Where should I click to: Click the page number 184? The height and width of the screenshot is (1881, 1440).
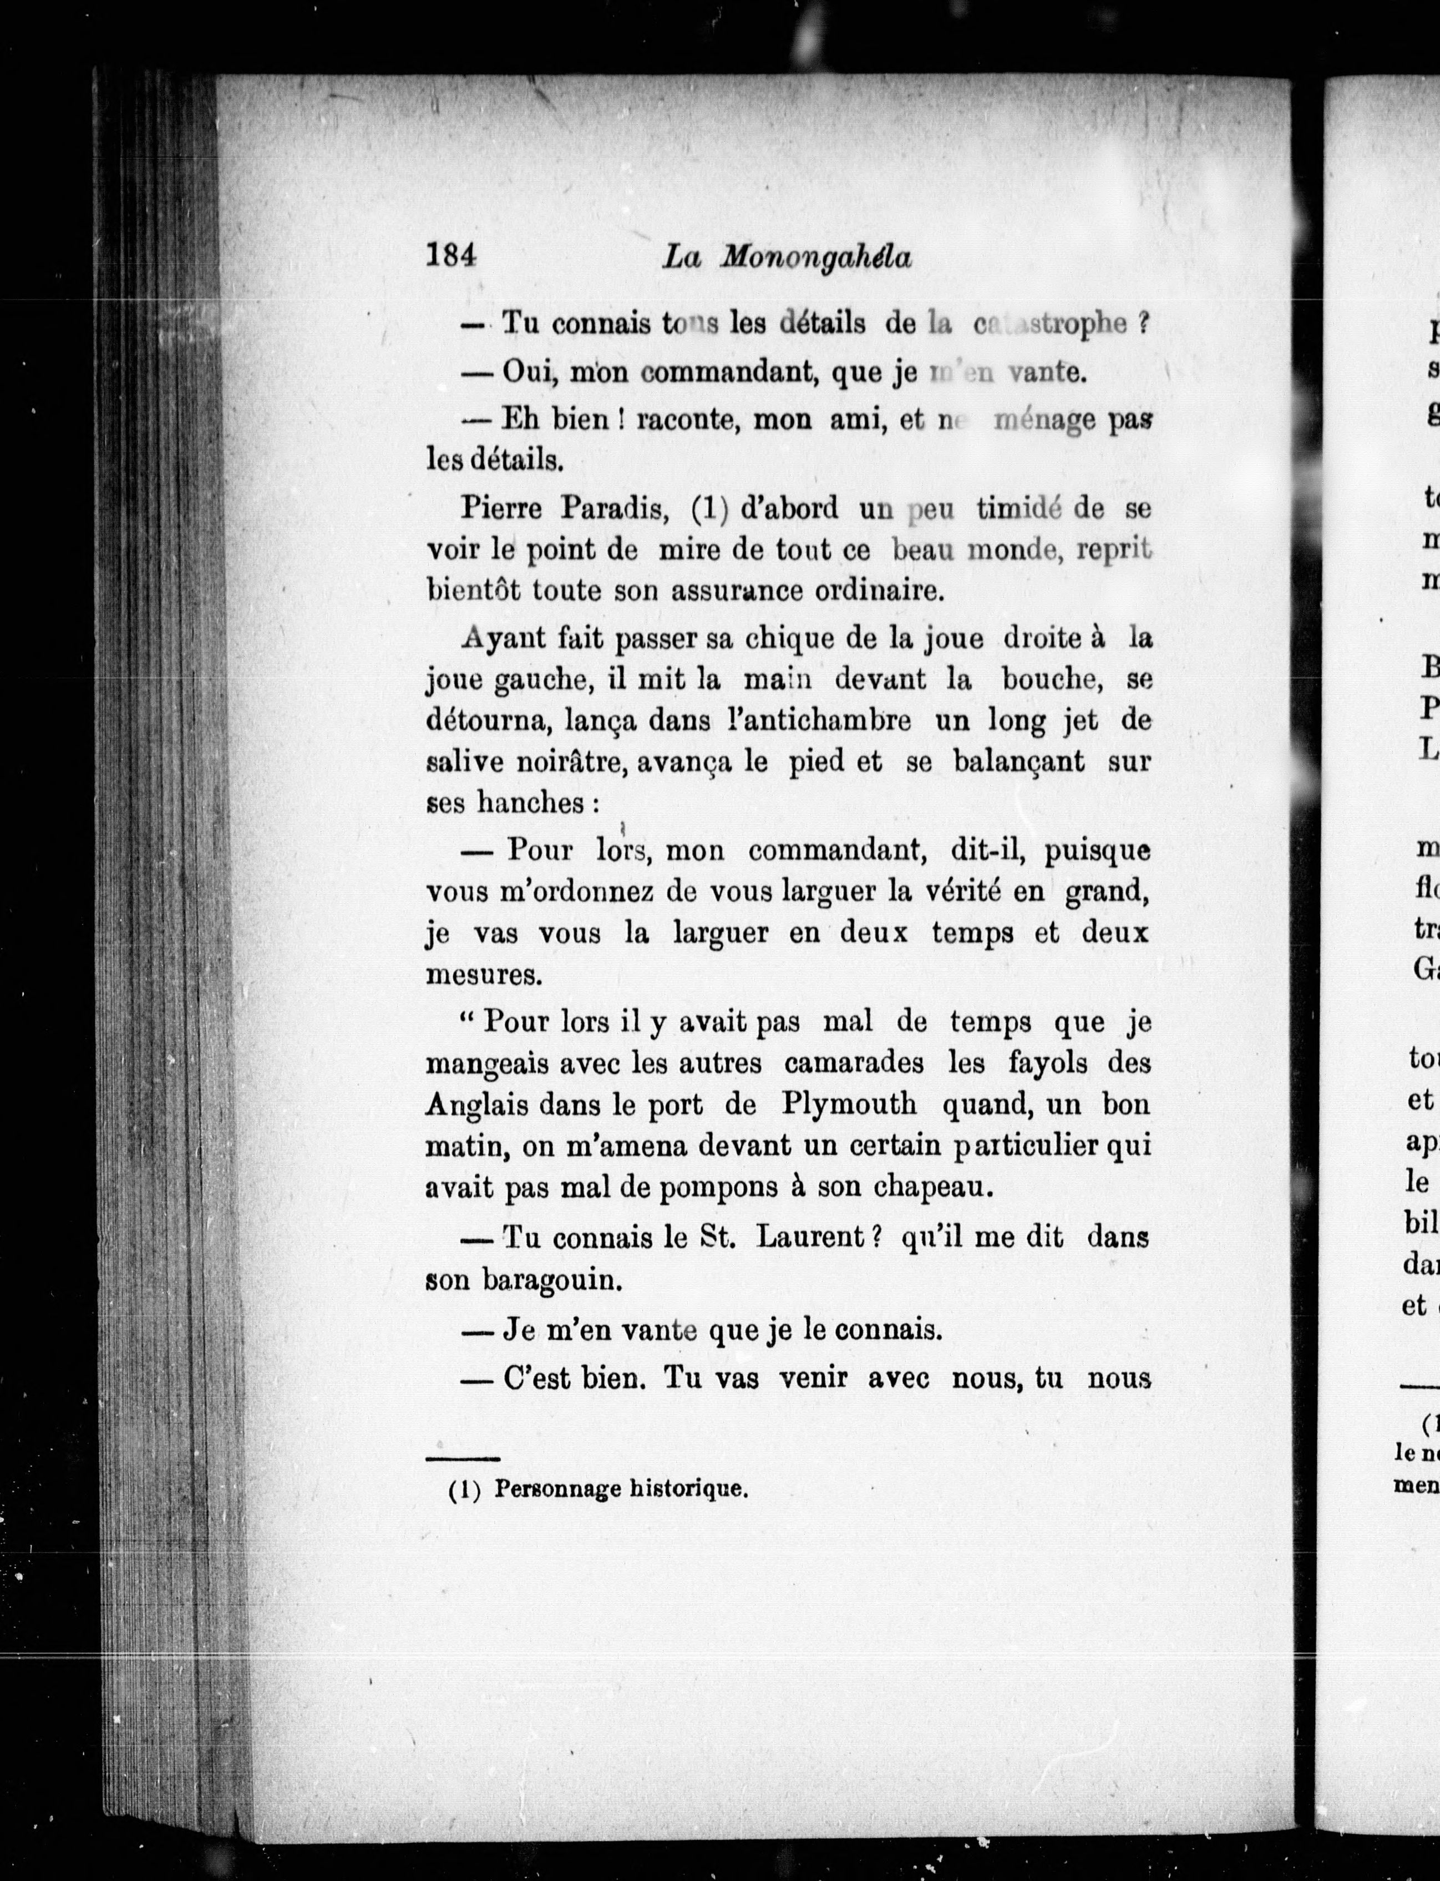[451, 256]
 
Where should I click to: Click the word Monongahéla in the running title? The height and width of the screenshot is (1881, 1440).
[814, 258]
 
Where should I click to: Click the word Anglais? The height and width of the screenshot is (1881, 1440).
[476, 1105]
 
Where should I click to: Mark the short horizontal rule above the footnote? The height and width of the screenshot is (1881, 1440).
[463, 1458]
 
